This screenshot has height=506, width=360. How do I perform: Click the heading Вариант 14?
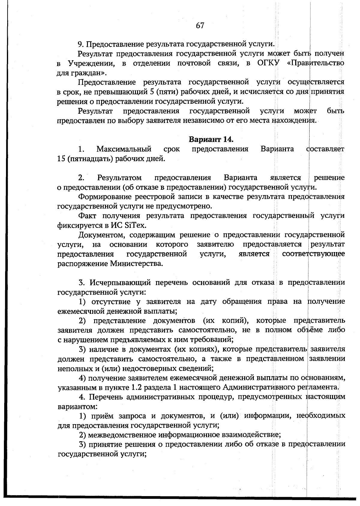point(211,139)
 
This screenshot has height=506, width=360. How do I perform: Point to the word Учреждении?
point(90,63)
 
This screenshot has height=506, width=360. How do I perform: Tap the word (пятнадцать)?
point(90,159)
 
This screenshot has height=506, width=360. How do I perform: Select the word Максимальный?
point(124,149)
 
